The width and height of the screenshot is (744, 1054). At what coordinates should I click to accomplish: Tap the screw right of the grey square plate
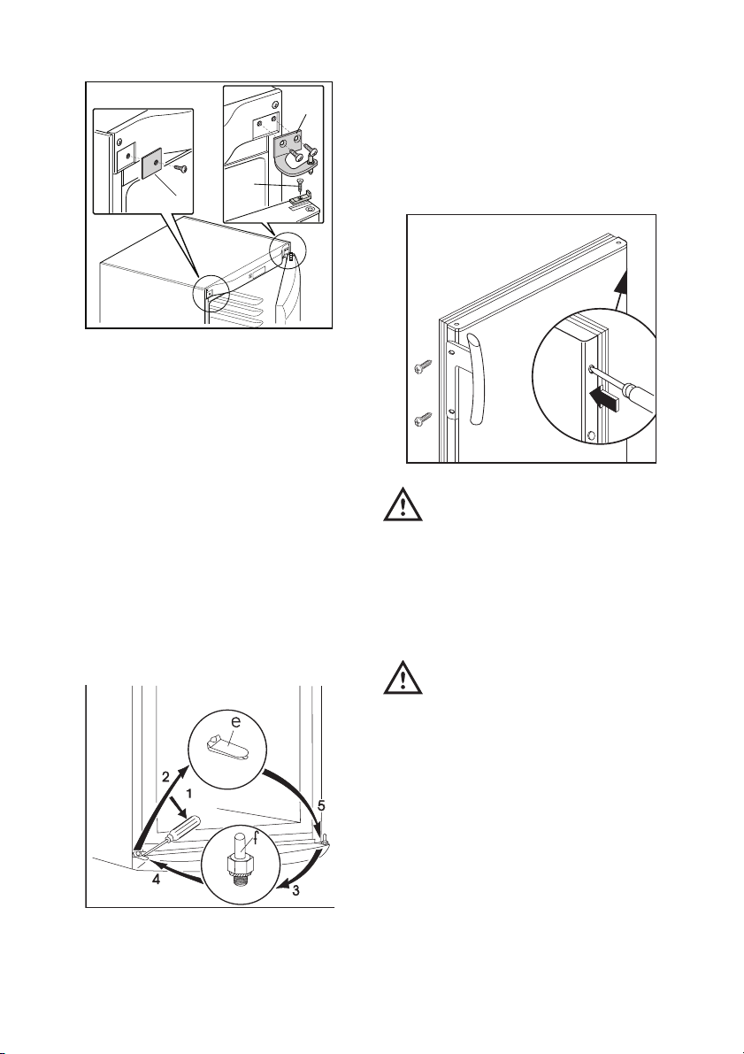pos(180,167)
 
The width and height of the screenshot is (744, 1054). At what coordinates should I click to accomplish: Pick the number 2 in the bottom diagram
pos(165,776)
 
